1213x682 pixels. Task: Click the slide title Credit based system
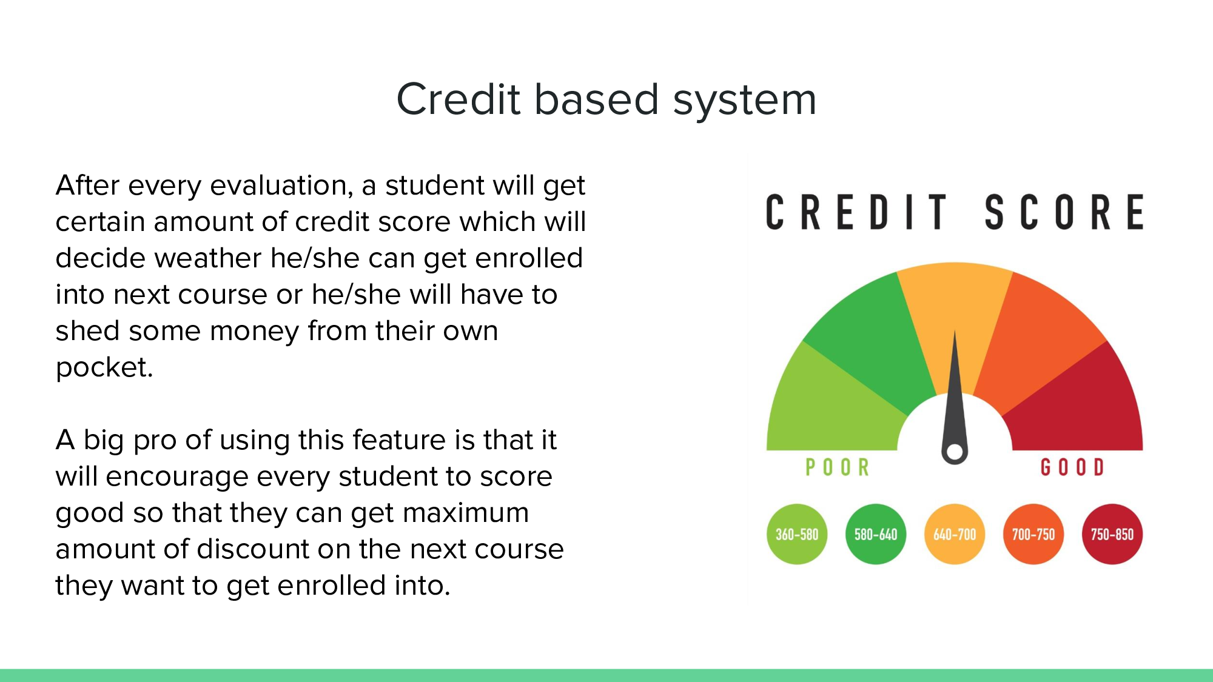pyautogui.click(x=606, y=99)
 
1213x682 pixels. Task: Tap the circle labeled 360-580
pyautogui.click(x=797, y=534)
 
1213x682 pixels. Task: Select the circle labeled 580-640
pyautogui.click(x=876, y=534)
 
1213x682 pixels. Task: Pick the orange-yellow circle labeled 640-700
pyautogui.click(x=955, y=534)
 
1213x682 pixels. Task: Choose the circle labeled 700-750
pyautogui.click(x=1033, y=534)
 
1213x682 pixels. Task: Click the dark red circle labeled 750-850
pyautogui.click(x=1112, y=534)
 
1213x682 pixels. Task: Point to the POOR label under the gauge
pyautogui.click(x=837, y=467)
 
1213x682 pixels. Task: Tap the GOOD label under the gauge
pyautogui.click(x=1072, y=467)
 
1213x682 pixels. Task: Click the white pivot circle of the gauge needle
pyautogui.click(x=955, y=452)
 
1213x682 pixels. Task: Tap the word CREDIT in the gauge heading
pyautogui.click(x=856, y=212)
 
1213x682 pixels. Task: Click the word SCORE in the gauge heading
pyautogui.click(x=1064, y=212)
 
